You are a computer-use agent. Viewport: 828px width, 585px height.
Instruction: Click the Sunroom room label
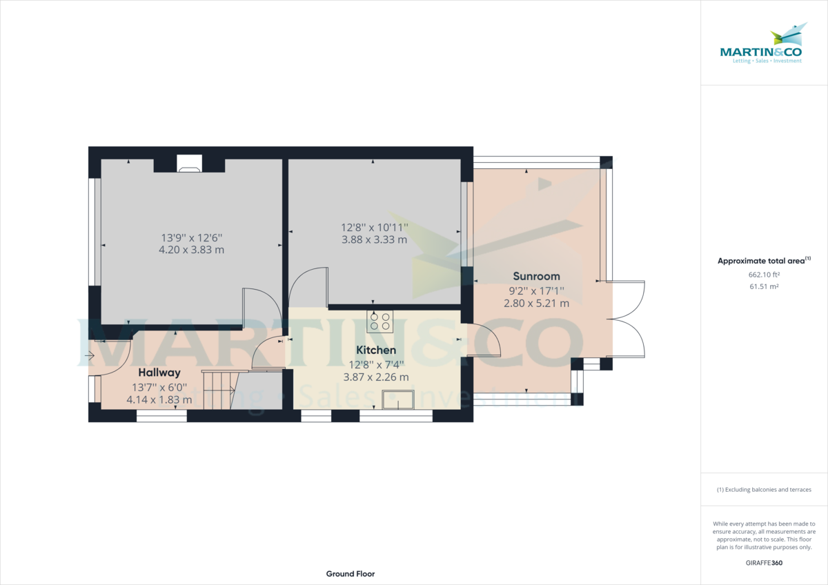coord(536,276)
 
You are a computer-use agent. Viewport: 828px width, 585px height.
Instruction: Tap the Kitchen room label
coord(376,350)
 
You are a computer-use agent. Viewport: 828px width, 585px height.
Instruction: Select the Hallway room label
coord(159,373)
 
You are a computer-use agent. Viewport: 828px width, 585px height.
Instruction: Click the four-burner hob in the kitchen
coord(380,321)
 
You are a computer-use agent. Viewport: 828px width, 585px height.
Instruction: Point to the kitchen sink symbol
coord(397,399)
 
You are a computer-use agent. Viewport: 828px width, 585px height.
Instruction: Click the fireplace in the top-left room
coord(189,163)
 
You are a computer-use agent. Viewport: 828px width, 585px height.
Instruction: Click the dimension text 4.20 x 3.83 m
coord(191,250)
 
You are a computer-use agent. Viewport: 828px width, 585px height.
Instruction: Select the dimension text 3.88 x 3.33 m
coord(374,239)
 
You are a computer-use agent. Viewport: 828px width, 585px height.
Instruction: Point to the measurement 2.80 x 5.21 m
coord(536,303)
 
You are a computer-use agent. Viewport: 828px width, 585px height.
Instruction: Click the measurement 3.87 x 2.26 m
coord(376,377)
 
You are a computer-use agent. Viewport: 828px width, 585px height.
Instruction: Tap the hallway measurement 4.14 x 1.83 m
coord(159,399)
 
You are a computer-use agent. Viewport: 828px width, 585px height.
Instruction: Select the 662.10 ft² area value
coord(764,275)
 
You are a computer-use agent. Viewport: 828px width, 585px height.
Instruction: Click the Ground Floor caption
coord(351,574)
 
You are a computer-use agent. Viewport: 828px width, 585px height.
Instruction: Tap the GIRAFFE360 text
coord(764,563)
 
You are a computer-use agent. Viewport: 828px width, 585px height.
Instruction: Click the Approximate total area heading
coord(763,261)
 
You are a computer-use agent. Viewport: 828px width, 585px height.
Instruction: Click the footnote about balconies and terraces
coord(764,490)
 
